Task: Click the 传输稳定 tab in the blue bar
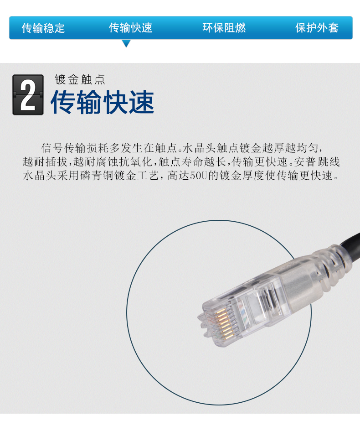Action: (43, 28)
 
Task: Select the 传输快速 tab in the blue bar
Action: (131, 28)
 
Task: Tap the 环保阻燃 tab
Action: (224, 28)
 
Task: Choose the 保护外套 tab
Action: (317, 28)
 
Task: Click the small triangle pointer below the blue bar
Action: (126, 43)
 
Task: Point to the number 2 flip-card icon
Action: (28, 95)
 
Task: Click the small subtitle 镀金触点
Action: (80, 80)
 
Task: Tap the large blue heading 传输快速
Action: (103, 102)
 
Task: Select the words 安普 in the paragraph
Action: (306, 162)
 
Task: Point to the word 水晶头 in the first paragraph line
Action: (200, 148)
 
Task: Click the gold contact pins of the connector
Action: (222, 324)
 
